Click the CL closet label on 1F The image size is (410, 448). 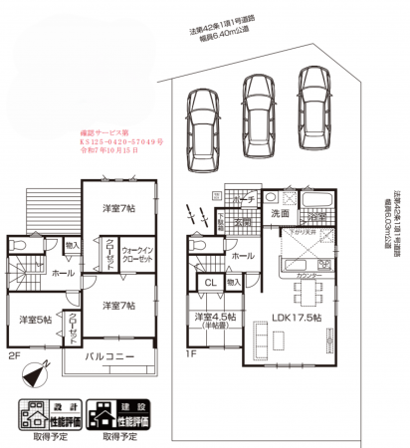click(x=210, y=284)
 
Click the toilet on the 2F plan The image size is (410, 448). click(x=19, y=246)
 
